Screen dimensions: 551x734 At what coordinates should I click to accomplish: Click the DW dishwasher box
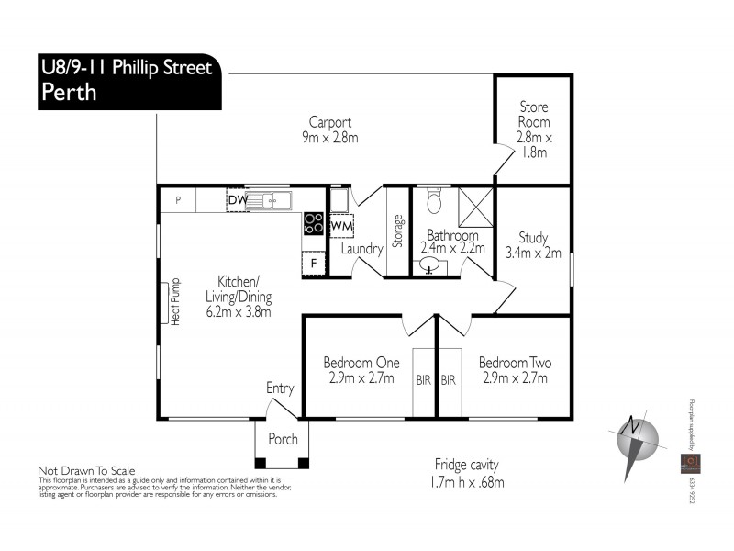tap(238, 199)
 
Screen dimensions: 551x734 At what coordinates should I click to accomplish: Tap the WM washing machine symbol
tap(341, 225)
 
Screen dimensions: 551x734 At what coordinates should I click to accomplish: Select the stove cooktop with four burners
tap(313, 223)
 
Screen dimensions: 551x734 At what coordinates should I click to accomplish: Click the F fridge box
tap(313, 263)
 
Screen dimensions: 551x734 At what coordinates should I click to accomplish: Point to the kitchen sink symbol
tap(272, 199)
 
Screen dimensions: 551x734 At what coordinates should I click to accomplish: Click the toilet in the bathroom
tap(435, 201)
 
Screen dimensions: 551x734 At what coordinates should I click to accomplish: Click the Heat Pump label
tap(172, 300)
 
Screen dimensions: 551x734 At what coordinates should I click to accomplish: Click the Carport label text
tap(330, 122)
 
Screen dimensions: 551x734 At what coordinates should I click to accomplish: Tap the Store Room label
tap(533, 114)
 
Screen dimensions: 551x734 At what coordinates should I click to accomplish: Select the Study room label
tap(533, 236)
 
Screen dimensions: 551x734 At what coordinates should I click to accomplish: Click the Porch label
tap(283, 439)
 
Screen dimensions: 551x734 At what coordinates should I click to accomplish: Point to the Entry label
tap(280, 388)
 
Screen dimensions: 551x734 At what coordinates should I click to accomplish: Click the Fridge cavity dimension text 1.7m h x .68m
tap(467, 482)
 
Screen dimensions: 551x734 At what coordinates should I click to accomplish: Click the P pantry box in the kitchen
tap(179, 199)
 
